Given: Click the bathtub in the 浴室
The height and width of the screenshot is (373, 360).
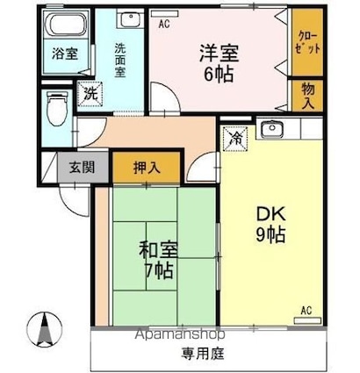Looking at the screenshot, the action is tap(68, 24).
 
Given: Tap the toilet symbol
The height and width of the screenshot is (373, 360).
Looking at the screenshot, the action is tap(58, 108).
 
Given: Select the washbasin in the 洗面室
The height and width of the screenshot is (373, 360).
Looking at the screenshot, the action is tap(130, 19).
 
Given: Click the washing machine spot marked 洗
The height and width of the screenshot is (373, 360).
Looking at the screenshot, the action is tap(90, 94).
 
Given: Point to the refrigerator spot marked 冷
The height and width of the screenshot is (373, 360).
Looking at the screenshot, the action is tap(236, 139).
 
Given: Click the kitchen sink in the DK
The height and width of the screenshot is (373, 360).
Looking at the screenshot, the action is tap(272, 129).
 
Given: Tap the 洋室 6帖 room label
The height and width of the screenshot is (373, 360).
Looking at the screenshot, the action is tap(219, 63).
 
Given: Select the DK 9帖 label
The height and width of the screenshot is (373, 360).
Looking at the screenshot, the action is tap(270, 225).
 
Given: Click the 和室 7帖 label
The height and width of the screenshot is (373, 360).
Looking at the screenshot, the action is tap(158, 260).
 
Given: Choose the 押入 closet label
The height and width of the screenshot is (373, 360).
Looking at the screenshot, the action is tap(147, 168).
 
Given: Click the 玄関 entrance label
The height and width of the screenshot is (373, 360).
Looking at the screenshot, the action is tap(83, 168).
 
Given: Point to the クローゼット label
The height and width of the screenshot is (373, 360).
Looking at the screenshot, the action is tap(308, 43).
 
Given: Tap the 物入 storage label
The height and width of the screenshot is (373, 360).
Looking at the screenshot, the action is tap(308, 96).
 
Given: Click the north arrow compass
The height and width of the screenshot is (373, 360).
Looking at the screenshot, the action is tap(45, 329).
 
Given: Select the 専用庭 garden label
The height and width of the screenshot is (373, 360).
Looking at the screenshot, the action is tap(203, 354).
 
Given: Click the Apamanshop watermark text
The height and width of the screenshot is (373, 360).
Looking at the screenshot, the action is tap(180, 334).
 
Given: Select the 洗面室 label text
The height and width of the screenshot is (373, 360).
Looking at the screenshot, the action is tap(119, 61).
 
